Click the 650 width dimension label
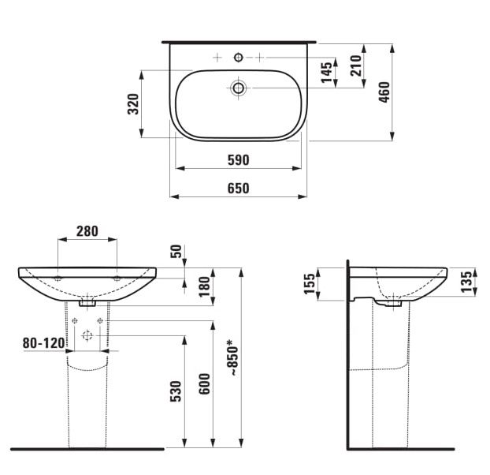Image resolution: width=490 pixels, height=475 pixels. click(x=238, y=189)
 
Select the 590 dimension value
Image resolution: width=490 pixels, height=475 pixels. click(x=238, y=160)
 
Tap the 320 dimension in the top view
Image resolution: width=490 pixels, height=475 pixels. click(x=133, y=104)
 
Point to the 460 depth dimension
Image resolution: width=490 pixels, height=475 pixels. click(x=384, y=92)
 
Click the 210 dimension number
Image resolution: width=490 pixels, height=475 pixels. click(x=355, y=65)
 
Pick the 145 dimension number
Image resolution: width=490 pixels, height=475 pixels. click(x=327, y=73)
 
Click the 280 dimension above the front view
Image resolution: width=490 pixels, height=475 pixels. click(x=87, y=231)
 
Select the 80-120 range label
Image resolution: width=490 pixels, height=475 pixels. click(x=43, y=343)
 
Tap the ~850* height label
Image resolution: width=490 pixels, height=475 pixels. click(x=234, y=358)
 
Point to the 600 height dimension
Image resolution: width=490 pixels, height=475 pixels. click(x=205, y=384)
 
